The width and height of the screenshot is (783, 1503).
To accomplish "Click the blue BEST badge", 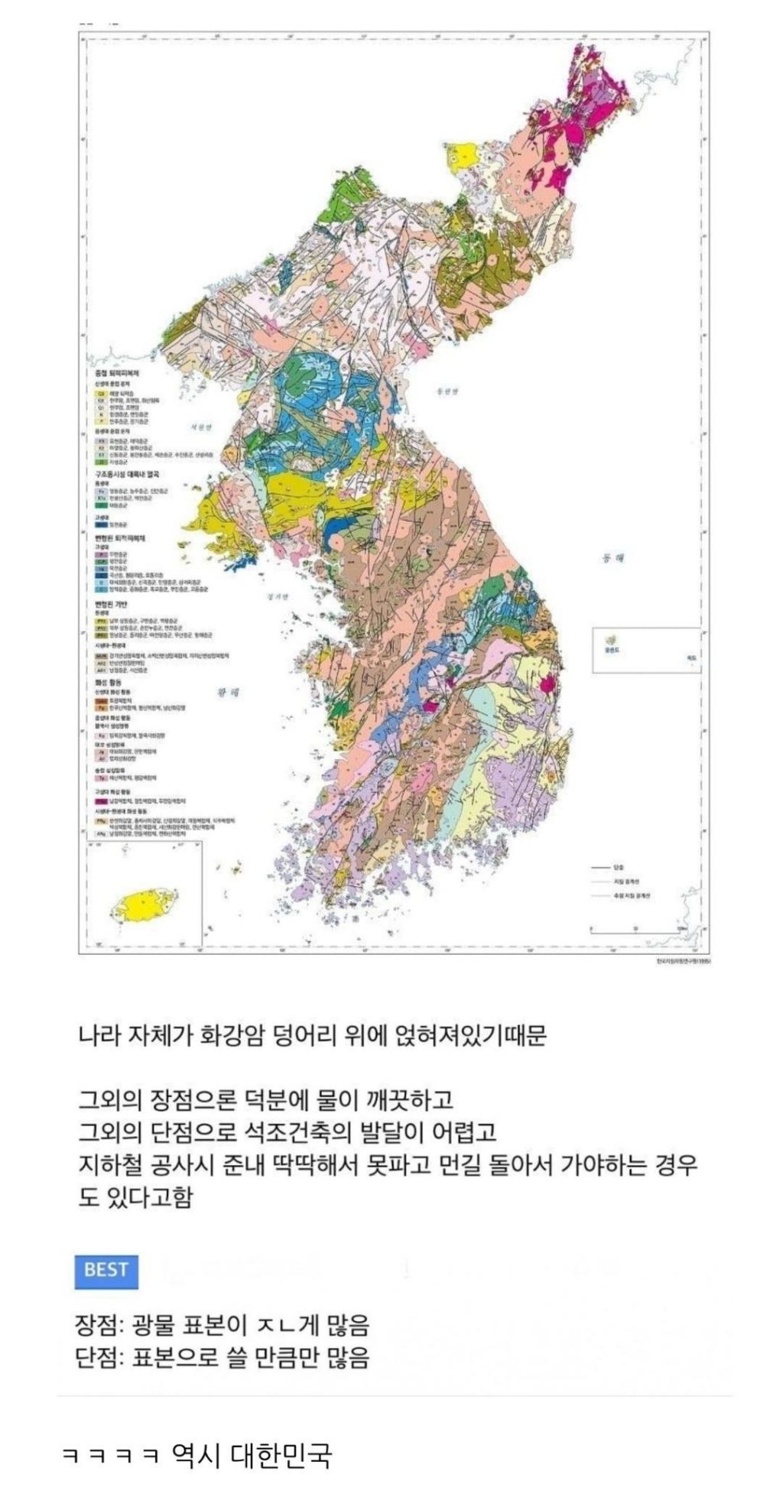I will (106, 1270).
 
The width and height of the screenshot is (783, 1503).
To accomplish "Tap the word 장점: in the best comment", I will (99, 1324).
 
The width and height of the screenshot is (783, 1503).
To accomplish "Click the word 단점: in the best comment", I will (99, 1358).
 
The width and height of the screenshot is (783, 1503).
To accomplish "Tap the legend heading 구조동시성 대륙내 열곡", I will (126, 475).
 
